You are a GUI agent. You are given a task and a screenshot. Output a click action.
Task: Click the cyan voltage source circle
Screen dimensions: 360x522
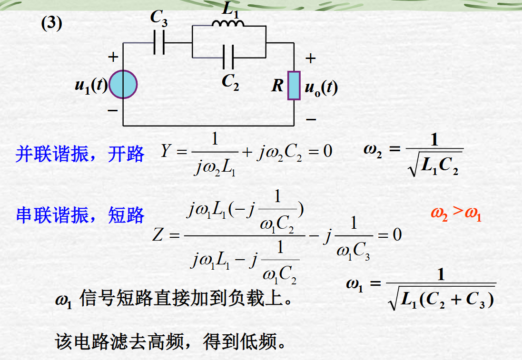coord(123,84)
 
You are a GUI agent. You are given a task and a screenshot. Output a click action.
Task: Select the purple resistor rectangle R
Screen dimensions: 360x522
coord(294,86)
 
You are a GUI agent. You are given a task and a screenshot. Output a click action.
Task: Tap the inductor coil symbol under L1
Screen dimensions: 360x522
coord(228,24)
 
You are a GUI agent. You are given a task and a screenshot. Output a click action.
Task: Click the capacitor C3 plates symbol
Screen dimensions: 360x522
coord(159,43)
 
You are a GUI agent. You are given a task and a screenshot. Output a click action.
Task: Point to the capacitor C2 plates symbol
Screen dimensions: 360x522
coord(228,58)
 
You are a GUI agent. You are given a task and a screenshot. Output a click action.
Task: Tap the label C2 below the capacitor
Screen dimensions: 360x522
coord(230,83)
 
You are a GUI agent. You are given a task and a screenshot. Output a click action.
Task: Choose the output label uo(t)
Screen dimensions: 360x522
coord(321,87)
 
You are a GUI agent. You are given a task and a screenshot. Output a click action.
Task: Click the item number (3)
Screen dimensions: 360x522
coord(51,24)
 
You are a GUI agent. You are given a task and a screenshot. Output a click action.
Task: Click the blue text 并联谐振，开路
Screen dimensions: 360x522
coord(80,154)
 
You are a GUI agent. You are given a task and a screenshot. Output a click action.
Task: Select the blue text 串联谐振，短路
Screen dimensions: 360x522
coord(80,215)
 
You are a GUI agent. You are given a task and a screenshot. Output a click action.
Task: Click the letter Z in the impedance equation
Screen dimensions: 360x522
coord(159,235)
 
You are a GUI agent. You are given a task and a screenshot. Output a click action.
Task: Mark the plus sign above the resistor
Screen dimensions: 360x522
coord(310,59)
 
